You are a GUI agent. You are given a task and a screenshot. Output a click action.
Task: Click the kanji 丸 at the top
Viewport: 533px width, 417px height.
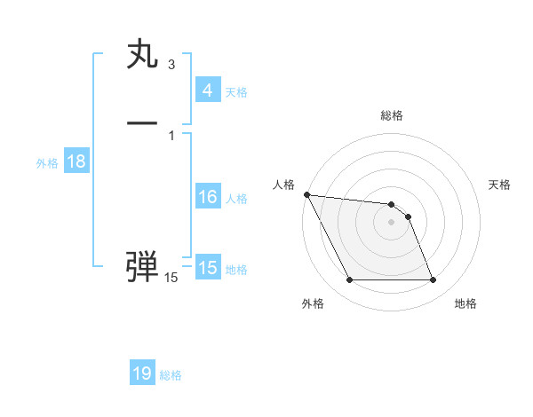(143, 56)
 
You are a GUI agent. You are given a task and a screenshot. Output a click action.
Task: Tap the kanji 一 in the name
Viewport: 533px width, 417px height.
(143, 122)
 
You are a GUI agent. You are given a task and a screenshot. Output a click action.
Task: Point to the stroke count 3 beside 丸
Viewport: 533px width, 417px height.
(171, 65)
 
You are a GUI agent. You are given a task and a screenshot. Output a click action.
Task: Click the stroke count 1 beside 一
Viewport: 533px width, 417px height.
(171, 135)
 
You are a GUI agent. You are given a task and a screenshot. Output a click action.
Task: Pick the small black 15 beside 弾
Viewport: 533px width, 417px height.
(171, 278)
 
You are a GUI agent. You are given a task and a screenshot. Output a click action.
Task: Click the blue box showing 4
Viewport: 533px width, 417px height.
(207, 90)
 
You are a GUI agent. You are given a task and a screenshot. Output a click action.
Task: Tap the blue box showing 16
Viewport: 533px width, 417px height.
(207, 197)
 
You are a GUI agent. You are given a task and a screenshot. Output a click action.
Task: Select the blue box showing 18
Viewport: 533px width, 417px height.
(76, 161)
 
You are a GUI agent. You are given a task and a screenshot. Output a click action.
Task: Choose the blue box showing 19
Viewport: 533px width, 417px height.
(142, 374)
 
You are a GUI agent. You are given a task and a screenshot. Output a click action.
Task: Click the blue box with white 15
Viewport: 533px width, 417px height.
(207, 268)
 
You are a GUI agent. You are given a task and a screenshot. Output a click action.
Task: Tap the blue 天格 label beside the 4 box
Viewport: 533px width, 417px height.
(236, 92)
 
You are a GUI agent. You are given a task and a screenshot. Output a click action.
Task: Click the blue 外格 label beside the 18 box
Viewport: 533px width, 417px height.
(47, 163)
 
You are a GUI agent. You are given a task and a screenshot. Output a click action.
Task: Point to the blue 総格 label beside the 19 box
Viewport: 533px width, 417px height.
(171, 375)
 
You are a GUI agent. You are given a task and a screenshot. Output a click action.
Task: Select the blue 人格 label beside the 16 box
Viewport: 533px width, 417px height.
(236, 199)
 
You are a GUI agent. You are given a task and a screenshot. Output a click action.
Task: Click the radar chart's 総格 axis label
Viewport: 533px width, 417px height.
(392, 115)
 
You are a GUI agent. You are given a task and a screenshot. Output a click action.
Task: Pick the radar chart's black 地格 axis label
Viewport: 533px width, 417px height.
(465, 303)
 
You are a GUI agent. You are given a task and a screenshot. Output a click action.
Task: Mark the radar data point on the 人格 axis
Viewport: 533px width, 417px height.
(306, 194)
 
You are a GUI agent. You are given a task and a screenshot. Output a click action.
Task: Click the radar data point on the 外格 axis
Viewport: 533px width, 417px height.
(349, 280)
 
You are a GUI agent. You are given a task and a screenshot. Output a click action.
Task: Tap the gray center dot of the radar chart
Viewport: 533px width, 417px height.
(392, 222)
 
